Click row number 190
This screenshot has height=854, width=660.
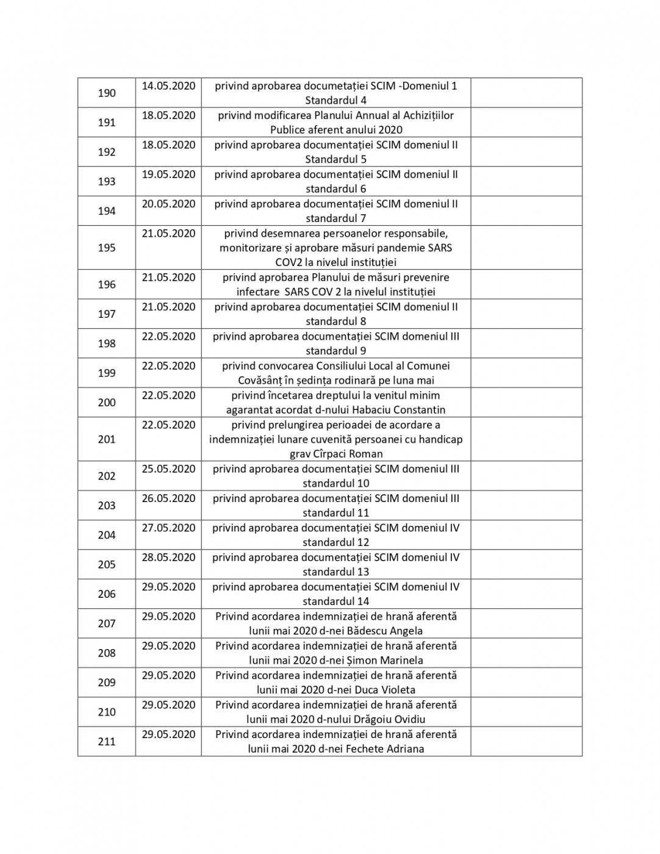[x=107, y=93]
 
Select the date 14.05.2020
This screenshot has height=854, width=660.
[x=168, y=86]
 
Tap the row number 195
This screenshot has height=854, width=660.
[x=107, y=248]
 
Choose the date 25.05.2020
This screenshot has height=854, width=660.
[x=168, y=469]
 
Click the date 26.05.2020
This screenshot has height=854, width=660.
[x=168, y=498]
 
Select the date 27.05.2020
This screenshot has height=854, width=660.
[x=168, y=528]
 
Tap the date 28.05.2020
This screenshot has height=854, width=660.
[x=168, y=557]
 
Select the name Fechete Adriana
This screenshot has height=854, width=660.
[x=385, y=748]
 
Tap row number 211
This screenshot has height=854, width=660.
[x=107, y=742]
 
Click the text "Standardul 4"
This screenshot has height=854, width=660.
[x=335, y=101]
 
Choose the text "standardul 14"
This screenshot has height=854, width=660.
[x=335, y=601]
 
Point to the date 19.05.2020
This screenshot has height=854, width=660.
[x=168, y=174]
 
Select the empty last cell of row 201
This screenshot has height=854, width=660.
[x=526, y=439]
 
